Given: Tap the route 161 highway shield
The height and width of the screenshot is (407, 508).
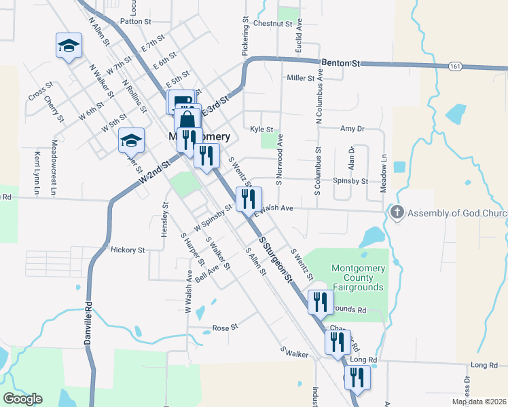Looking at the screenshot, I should point(455,66).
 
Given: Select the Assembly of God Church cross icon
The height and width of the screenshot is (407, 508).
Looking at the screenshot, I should point(397,213).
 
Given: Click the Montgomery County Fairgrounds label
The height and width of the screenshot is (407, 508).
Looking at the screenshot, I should point(358,277).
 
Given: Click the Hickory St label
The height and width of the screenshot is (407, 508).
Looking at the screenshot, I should point(128,250).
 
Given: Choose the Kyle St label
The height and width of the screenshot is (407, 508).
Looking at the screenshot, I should point(261,129).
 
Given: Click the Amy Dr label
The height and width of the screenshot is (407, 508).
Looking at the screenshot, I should point(352,128).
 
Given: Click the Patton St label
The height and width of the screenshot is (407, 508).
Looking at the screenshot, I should point(134,21).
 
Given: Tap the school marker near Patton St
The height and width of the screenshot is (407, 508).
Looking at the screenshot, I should point(69,45).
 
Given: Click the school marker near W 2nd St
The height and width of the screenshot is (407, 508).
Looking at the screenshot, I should point(131,140).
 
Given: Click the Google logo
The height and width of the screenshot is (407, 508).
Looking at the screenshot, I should point(22,399).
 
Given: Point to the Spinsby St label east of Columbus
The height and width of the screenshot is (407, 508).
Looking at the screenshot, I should point(350,181).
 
